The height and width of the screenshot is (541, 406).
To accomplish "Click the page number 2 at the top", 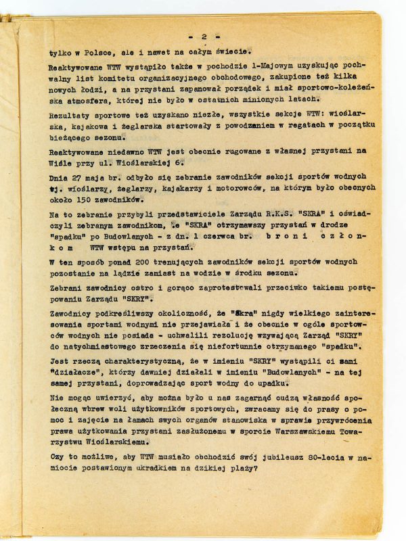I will coord(203,34).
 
